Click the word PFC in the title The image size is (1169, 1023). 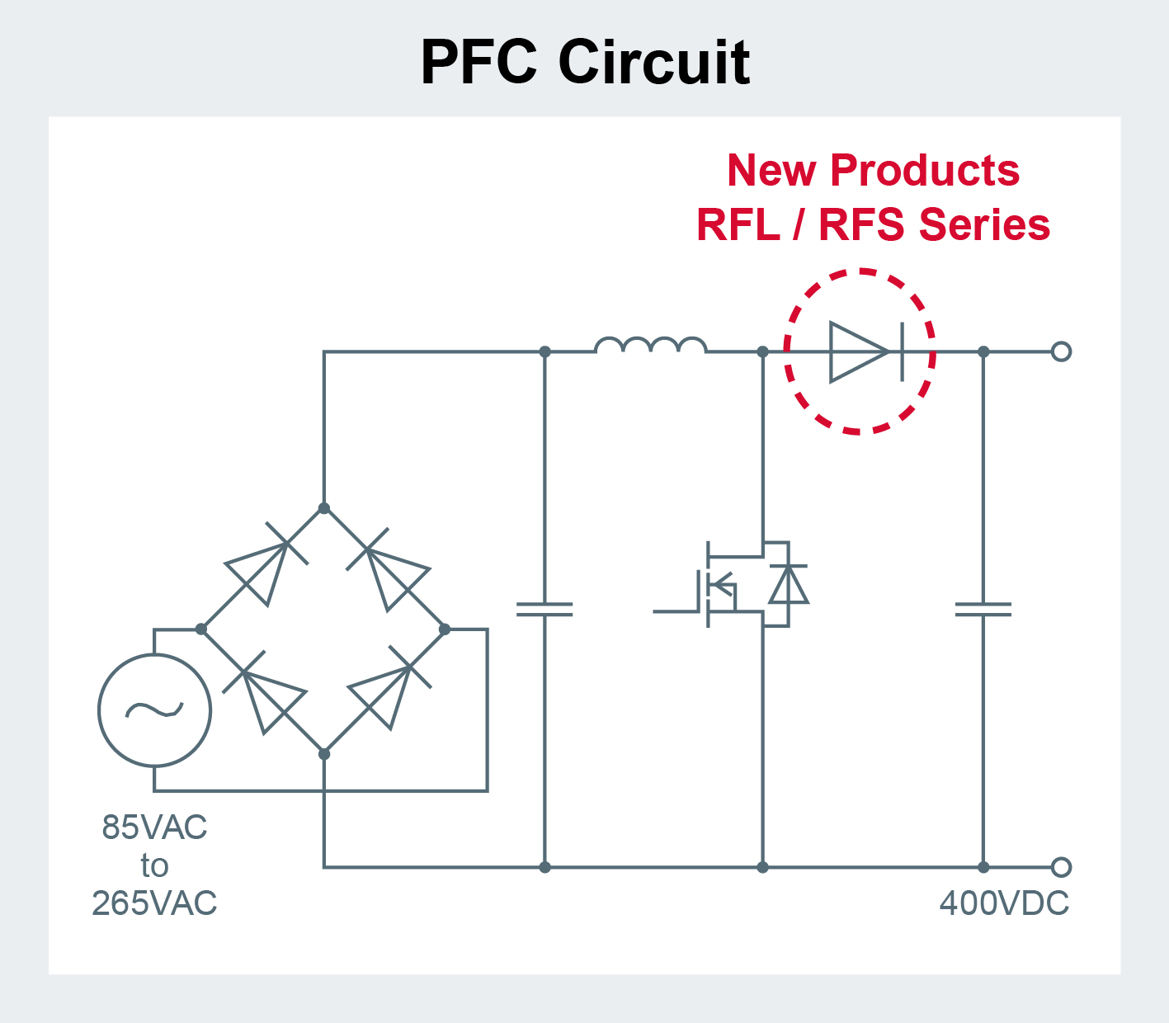point(479,62)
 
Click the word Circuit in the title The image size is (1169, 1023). point(654,62)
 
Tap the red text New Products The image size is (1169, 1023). point(873,171)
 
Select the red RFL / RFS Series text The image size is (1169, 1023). point(873,224)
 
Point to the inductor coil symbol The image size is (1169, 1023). point(650,346)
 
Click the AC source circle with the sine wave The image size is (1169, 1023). point(154,710)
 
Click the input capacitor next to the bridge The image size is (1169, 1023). point(544,610)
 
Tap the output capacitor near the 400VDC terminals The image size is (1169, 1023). point(983,610)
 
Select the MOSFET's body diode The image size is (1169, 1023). point(788,585)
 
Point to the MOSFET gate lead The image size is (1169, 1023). point(676,611)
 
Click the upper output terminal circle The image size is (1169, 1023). point(1061,352)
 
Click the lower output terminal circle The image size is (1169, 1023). point(1061,867)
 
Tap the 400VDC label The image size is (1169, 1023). point(1004,904)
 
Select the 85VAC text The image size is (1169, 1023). point(154,827)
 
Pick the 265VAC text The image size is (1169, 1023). point(154,904)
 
